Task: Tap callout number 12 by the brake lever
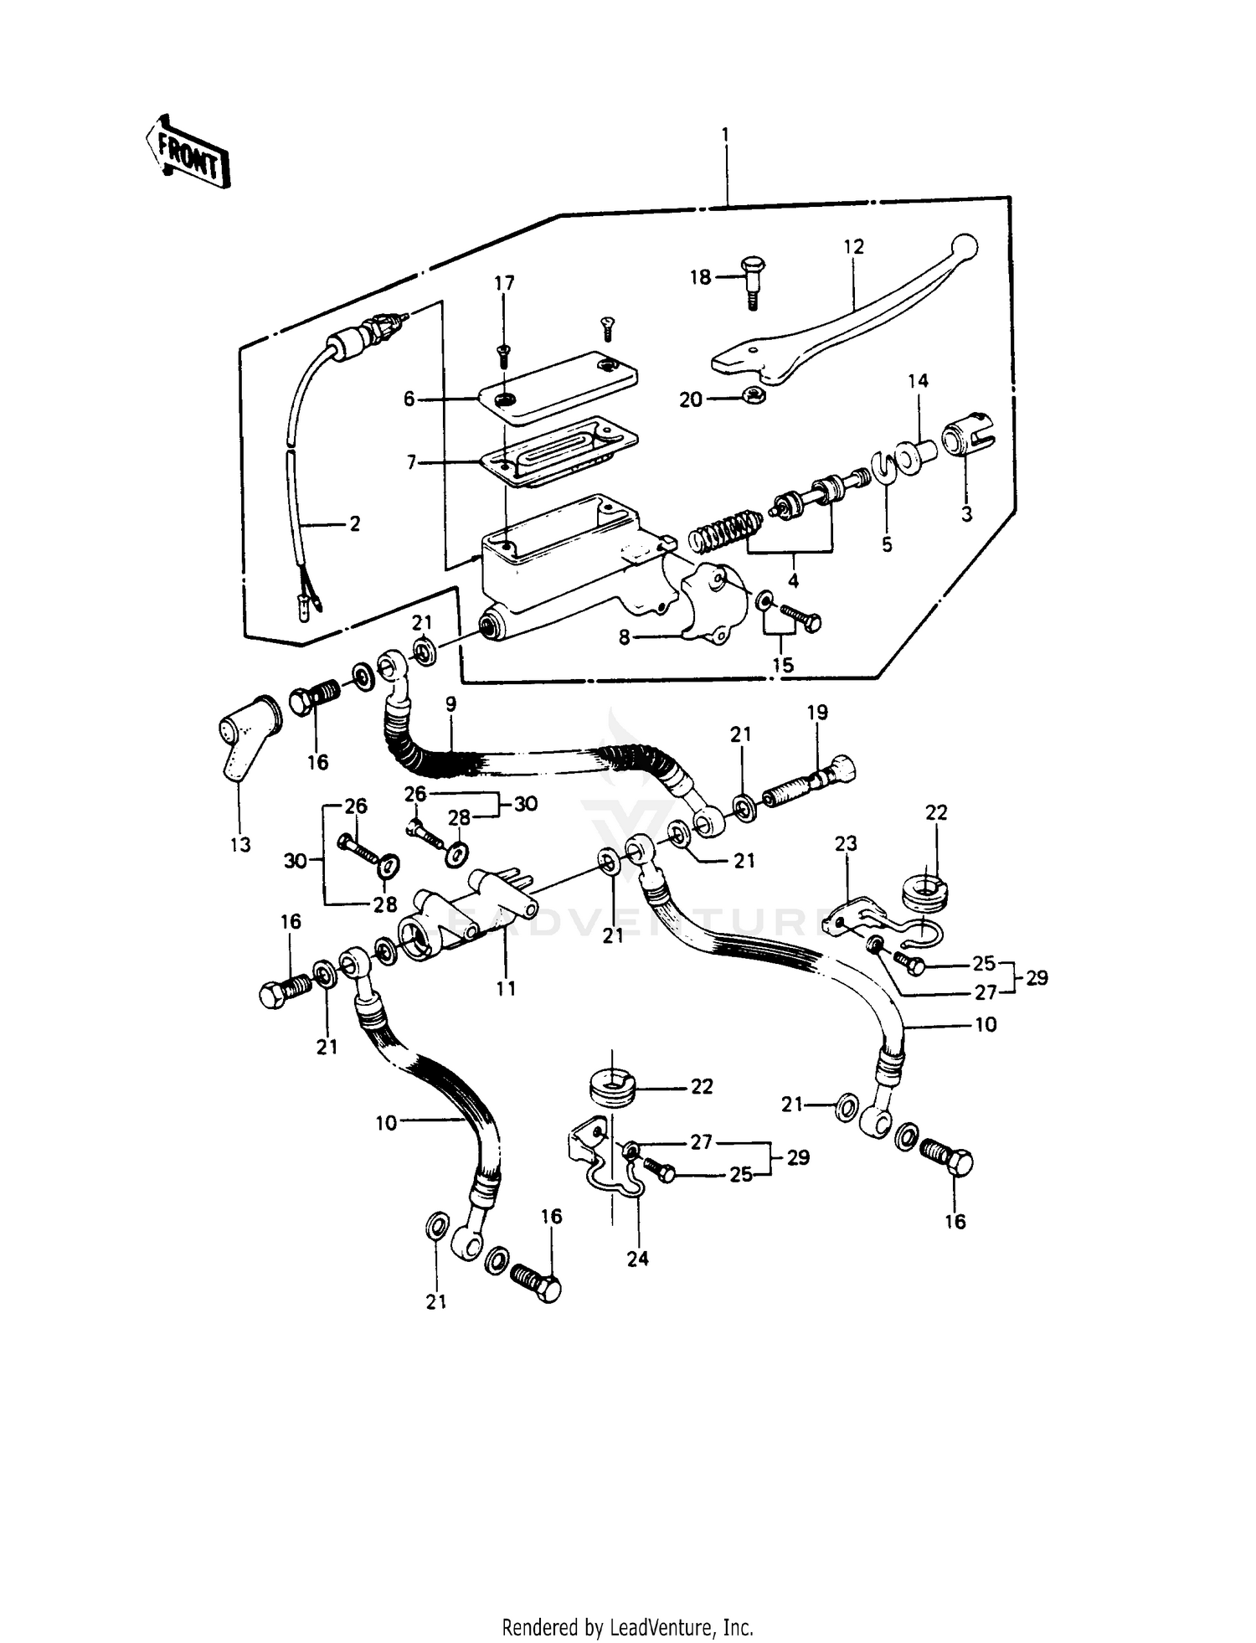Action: click(853, 247)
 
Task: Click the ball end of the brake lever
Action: click(965, 245)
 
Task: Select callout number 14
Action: click(918, 381)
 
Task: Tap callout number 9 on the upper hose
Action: click(450, 704)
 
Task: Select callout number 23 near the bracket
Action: click(846, 843)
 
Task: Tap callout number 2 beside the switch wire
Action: click(355, 524)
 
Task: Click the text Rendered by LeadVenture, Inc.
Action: click(627, 1628)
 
